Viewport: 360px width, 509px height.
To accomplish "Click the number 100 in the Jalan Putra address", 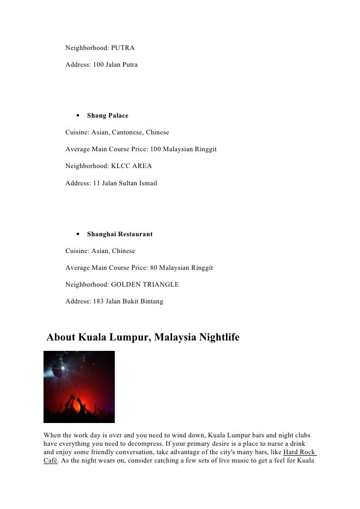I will [97, 65].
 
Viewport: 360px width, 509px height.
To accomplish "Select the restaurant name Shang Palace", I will [107, 116].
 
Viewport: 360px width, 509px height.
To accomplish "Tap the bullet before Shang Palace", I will [79, 116].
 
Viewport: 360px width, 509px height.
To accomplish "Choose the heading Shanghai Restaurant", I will [120, 234].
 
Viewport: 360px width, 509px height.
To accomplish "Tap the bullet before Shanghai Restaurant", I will [79, 234].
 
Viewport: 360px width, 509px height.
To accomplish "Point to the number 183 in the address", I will [97, 301].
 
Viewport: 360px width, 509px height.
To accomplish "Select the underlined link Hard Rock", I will [300, 452].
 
